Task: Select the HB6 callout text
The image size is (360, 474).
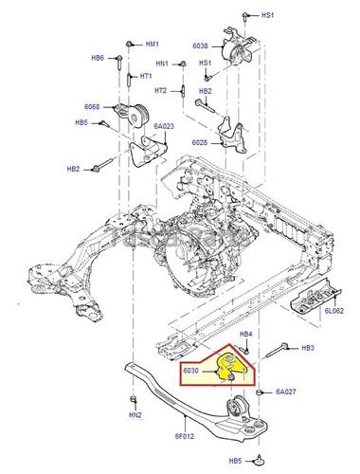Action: point(98,59)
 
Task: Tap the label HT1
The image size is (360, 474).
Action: point(147,76)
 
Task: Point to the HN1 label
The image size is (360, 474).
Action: point(161,64)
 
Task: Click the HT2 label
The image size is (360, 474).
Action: point(160,90)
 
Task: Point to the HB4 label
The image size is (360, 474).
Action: point(244,335)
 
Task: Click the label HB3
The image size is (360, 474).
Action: point(307,348)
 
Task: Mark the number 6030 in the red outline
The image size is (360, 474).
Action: point(192,373)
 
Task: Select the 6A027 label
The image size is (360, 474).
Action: point(286,391)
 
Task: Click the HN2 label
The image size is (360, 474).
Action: point(135,415)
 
